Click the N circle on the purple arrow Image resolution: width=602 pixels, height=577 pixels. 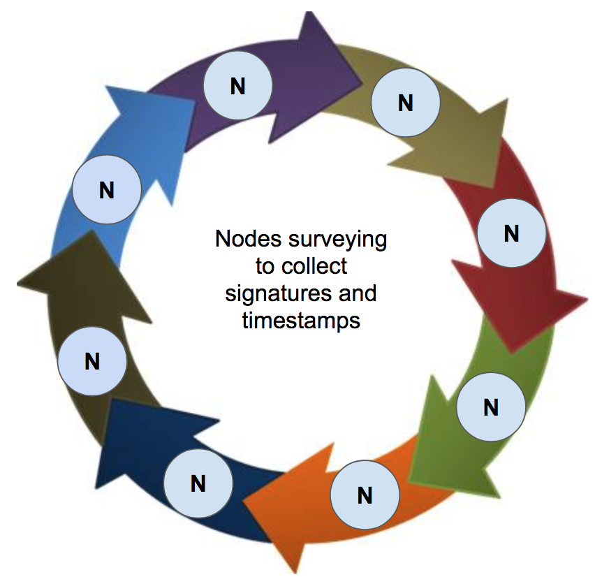coord(237,86)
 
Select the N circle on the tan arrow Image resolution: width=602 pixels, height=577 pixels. coord(405,103)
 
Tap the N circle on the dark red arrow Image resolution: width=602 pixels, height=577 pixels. coord(511,233)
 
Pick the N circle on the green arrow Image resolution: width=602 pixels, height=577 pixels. coord(490,407)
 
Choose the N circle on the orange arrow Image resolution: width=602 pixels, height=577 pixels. coord(365,495)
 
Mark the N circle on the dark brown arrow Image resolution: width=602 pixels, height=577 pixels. coord(91,361)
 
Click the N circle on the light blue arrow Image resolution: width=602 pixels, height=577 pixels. coord(107,190)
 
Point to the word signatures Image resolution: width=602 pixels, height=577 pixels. coord(277,293)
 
